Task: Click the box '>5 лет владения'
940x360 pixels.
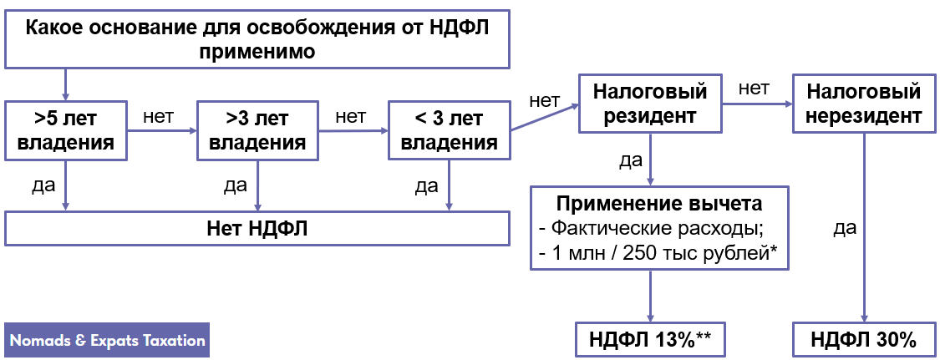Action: (x=65, y=130)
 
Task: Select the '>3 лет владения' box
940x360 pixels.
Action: (x=257, y=130)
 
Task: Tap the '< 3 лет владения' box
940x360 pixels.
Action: (x=450, y=130)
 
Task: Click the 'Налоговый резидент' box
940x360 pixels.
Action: (x=650, y=103)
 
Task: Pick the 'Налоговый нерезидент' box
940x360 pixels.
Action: (x=864, y=103)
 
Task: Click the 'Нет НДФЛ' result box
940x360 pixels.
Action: (x=257, y=228)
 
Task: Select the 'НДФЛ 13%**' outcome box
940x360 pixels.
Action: (x=650, y=340)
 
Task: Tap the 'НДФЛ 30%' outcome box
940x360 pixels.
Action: (x=864, y=340)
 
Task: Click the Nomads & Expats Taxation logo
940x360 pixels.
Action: (x=107, y=341)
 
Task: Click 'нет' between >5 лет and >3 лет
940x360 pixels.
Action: (x=159, y=116)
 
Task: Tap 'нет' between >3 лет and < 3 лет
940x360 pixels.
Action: (x=350, y=116)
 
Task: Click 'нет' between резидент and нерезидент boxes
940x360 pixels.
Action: (x=754, y=89)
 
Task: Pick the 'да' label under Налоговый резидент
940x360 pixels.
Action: (x=631, y=160)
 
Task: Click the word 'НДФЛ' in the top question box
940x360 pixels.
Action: (x=458, y=26)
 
